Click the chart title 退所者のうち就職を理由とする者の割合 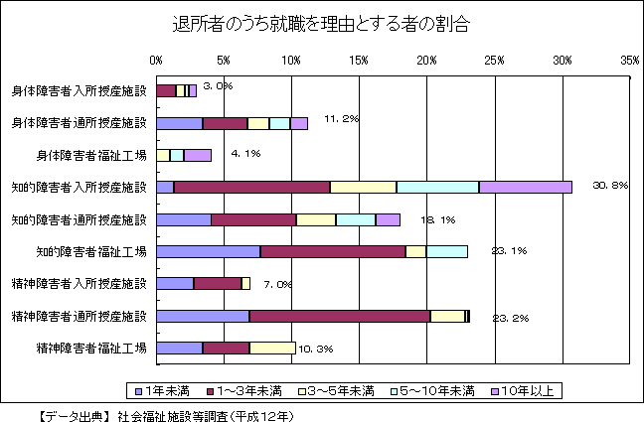click(x=321, y=23)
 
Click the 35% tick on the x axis click(x=630, y=61)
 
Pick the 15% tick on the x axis click(x=360, y=61)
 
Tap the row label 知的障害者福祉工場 click(x=91, y=251)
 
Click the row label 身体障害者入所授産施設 click(x=79, y=91)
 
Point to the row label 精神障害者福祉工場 click(x=91, y=348)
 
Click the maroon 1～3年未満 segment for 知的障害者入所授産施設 click(x=251, y=187)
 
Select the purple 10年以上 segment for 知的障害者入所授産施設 click(x=525, y=187)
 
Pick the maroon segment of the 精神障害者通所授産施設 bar click(x=339, y=316)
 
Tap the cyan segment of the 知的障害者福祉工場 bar click(x=446, y=251)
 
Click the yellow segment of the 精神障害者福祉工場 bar click(x=272, y=348)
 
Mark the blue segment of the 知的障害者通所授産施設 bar click(x=184, y=219)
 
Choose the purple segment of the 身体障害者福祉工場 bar click(x=197, y=155)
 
